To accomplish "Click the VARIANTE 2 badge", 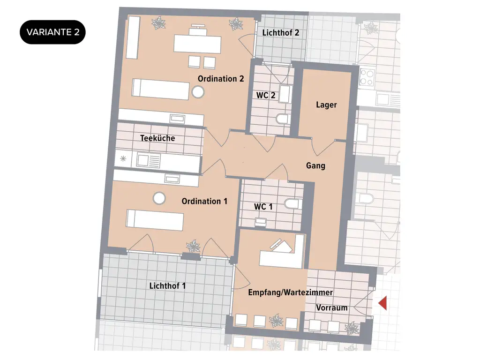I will [52, 33].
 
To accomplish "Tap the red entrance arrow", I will [383, 303].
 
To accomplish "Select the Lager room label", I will [326, 105].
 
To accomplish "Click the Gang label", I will [315, 165].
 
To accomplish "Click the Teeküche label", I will [157, 138].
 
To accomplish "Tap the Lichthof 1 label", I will [167, 285].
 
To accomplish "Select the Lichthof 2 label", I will [281, 33].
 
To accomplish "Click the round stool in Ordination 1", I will [159, 199].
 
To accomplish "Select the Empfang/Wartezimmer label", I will [291, 292].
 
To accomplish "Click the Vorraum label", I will [332, 308].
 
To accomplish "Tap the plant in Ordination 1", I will [193, 246].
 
